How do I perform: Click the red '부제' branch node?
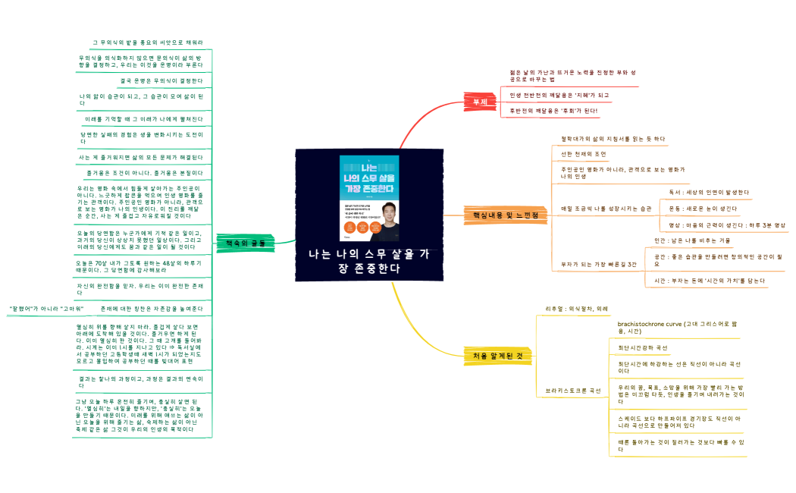tap(479, 101)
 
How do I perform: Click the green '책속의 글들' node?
tap(246, 243)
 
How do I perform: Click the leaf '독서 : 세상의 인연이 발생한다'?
tap(708, 193)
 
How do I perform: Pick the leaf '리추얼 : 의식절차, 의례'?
tap(576, 309)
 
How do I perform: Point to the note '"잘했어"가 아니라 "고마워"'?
tap(45, 309)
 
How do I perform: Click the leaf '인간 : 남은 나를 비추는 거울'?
tap(692, 240)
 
